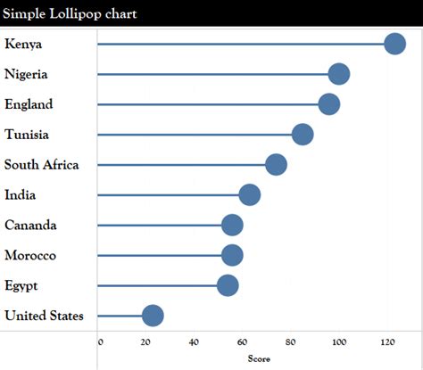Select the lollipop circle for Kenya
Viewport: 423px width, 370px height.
pyautogui.click(x=394, y=44)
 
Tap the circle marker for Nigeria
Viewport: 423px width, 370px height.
pyautogui.click(x=338, y=74)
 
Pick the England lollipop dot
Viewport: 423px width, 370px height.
pyautogui.click(x=328, y=104)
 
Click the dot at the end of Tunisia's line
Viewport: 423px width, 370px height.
pyautogui.click(x=303, y=135)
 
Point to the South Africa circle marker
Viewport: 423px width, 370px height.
pyautogui.click(x=276, y=165)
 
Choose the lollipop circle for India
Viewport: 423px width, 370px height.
pyautogui.click(x=249, y=195)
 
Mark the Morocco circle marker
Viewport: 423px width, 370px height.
pyautogui.click(x=232, y=256)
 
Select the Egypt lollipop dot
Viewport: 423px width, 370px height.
pyautogui.click(x=228, y=285)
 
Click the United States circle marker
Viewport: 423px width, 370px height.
pyautogui.click(x=153, y=316)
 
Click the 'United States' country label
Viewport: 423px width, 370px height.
pyautogui.click(x=44, y=316)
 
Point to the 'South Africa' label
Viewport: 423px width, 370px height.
pyautogui.click(x=41, y=165)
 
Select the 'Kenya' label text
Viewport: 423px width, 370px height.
pyautogui.click(x=23, y=44)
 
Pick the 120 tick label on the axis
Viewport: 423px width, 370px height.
pyautogui.click(x=387, y=342)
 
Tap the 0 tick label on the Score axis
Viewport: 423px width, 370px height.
pyautogui.click(x=100, y=342)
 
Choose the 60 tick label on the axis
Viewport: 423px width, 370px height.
pyautogui.click(x=243, y=342)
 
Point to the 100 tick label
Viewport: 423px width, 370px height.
pyautogui.click(x=338, y=342)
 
